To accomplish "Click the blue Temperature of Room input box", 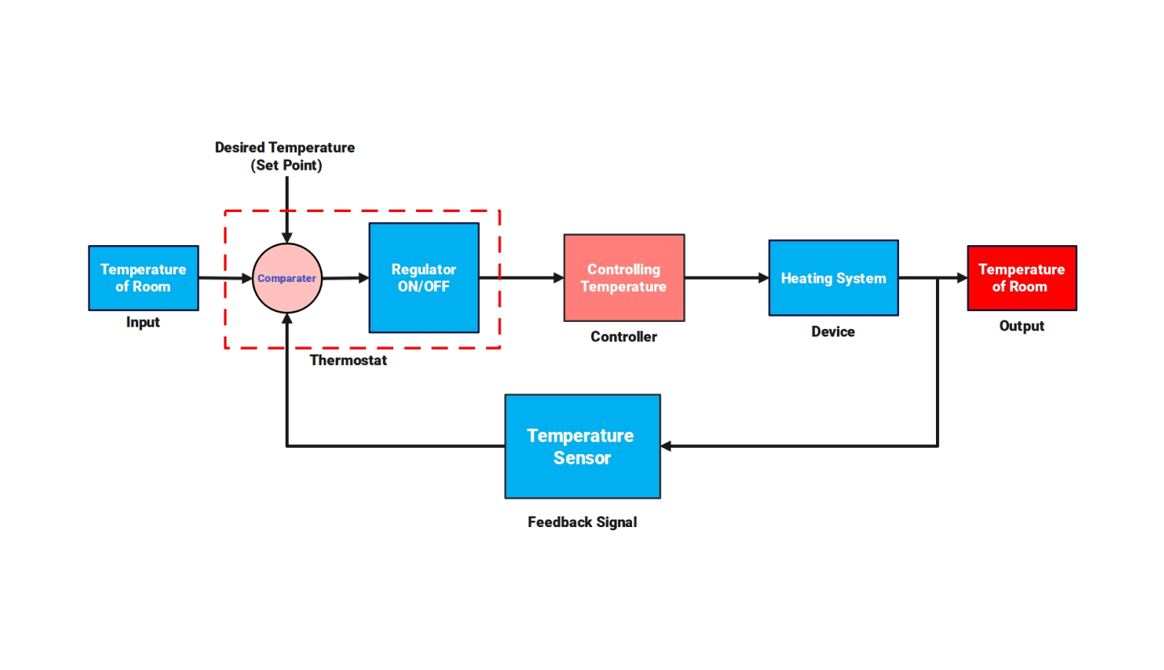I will point(144,278).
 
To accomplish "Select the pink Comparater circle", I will point(287,278).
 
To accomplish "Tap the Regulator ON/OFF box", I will point(424,278).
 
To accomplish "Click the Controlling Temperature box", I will point(623,278).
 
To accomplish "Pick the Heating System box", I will point(833,278).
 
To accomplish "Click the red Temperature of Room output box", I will point(1021,278).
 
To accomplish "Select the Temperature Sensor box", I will point(582,446).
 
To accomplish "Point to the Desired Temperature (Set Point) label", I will point(285,156).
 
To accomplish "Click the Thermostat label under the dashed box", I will point(348,360).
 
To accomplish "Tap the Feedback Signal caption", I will point(582,522).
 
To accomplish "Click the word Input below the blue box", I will point(143,323).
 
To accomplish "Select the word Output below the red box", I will point(1021,326).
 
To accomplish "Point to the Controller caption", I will point(623,337).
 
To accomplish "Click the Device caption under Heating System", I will point(833,332).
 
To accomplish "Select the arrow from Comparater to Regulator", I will point(346,278).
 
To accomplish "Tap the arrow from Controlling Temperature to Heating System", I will point(726,278).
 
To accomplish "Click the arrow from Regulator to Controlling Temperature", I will point(522,278).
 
